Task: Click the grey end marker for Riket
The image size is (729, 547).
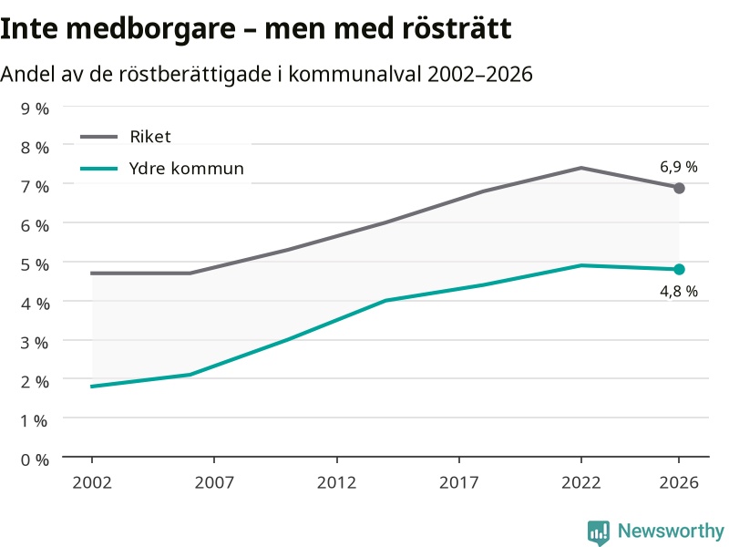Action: click(679, 189)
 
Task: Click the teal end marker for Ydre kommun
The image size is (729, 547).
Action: click(679, 269)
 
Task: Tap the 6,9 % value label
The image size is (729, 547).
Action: click(679, 167)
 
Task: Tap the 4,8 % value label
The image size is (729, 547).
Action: click(679, 291)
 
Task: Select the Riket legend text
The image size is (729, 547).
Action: click(150, 137)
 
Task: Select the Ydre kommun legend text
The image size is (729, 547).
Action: click(187, 169)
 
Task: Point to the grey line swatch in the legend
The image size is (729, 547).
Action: click(99, 137)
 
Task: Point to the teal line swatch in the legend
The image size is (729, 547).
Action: click(99, 169)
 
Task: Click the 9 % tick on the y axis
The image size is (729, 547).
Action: click(35, 108)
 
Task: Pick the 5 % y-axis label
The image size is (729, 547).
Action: click(35, 264)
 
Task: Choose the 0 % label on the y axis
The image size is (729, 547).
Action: click(35, 460)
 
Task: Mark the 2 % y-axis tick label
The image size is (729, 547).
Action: click(35, 382)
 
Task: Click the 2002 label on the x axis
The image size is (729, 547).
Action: click(92, 482)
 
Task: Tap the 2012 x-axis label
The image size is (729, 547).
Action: click(336, 482)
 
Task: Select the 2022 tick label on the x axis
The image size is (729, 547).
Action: click(581, 482)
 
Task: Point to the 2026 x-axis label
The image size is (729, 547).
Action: click(679, 482)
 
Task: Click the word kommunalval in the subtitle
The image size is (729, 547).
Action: click(355, 74)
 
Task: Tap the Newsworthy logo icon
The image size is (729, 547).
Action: click(599, 532)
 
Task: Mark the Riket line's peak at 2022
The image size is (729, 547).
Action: click(581, 168)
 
